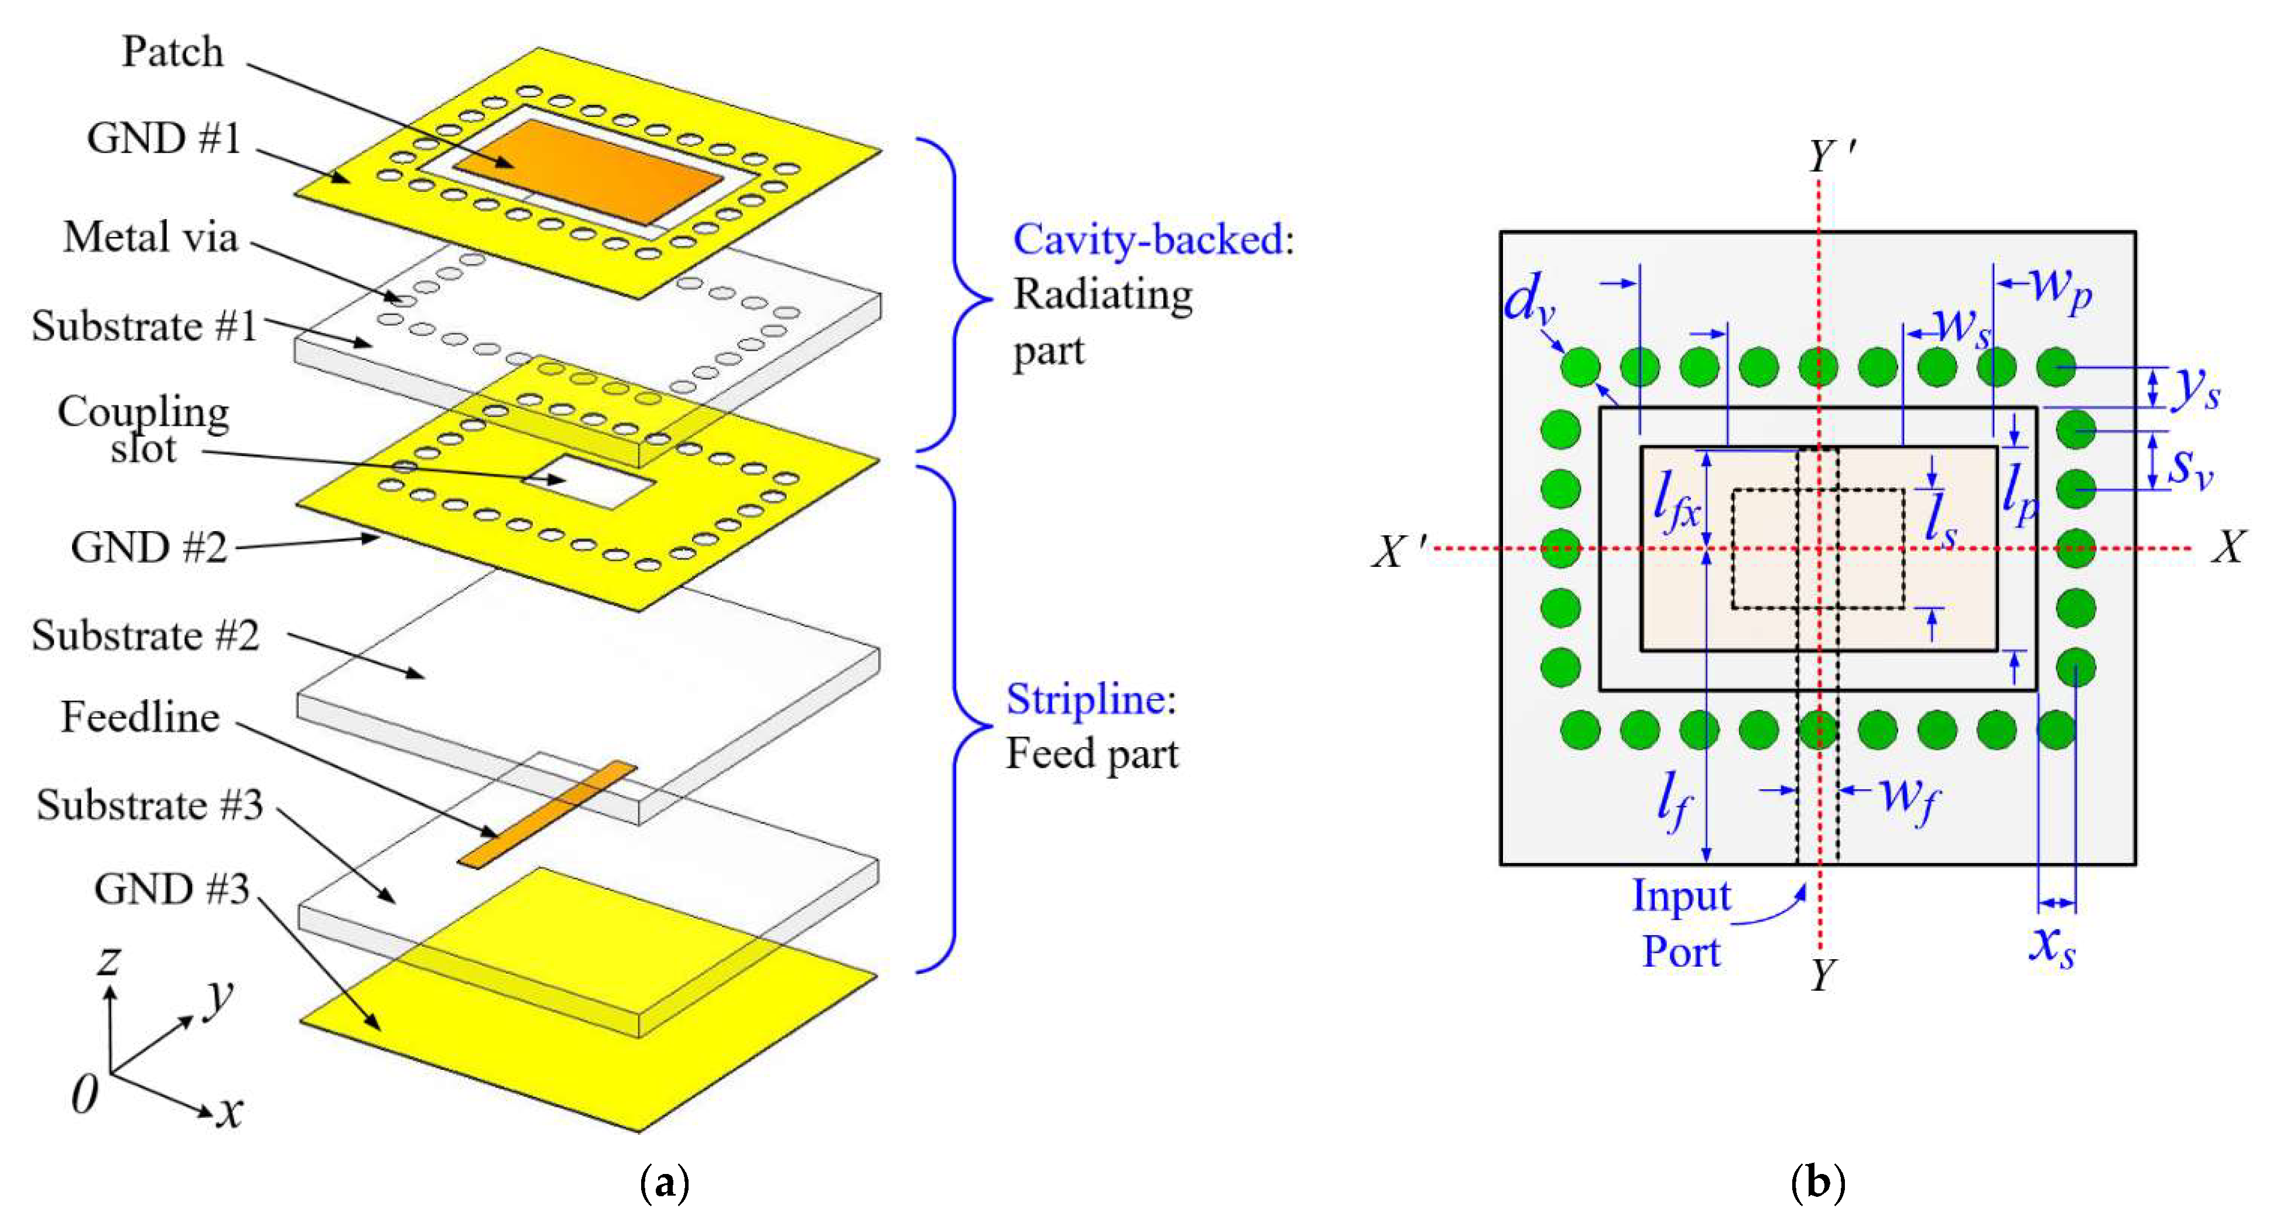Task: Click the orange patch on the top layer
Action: (588, 173)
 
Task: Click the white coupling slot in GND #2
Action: (588, 482)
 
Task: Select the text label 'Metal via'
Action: (150, 237)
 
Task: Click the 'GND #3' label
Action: (172, 889)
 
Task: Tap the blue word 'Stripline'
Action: (1086, 700)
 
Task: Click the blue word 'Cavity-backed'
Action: (1148, 239)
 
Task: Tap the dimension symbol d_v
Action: (1528, 300)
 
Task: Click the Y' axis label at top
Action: (1831, 157)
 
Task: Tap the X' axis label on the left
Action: (1399, 552)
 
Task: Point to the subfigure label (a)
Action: (663, 1182)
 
